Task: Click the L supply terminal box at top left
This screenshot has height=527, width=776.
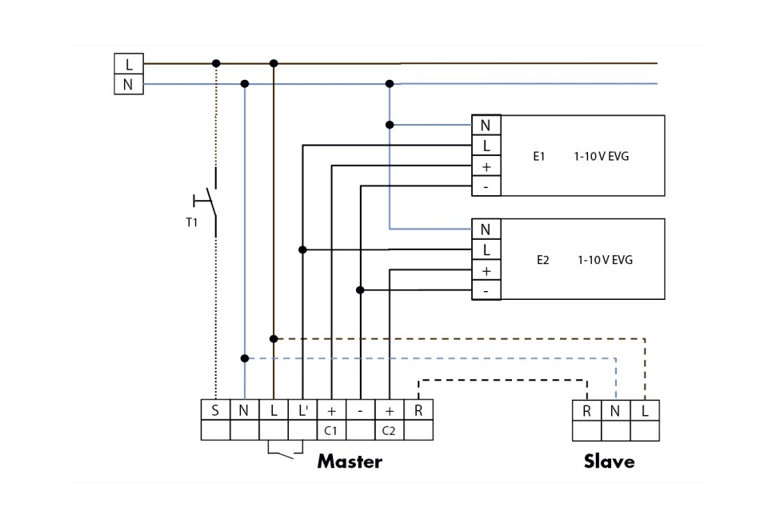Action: pos(129,64)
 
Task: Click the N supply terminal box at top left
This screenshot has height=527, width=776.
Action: pos(129,84)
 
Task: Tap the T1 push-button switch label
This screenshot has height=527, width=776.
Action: pos(191,222)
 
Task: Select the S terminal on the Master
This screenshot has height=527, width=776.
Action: pos(215,410)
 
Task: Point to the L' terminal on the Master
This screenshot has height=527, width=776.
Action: pos(302,410)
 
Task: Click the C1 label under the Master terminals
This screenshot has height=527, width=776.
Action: pos(331,430)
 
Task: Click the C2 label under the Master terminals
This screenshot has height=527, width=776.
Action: pos(389,430)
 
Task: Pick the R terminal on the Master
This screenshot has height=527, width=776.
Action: pos(418,410)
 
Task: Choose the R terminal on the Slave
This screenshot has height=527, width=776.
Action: pos(587,410)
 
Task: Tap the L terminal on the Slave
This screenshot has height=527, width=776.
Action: pos(645,410)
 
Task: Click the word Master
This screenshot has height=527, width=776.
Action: pos(350,461)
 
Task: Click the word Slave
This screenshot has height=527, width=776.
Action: pos(609,461)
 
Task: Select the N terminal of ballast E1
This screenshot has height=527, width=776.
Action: pos(486,126)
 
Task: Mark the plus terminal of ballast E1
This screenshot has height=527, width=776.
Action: pos(486,166)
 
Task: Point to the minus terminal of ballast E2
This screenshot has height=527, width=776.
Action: pos(486,290)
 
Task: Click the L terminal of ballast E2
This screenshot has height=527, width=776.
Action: pos(486,250)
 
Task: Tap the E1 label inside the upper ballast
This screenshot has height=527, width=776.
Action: pos(539,156)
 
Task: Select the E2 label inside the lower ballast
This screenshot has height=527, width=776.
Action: pos(543,260)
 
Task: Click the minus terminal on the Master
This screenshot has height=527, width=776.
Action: pos(360,410)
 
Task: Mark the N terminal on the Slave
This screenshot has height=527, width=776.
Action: pos(616,410)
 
